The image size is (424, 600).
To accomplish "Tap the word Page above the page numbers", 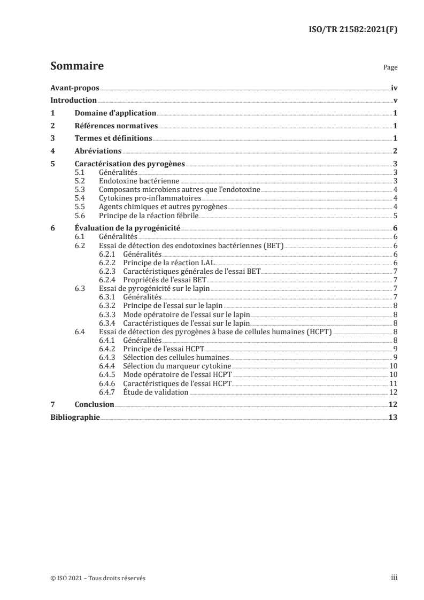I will (390, 68).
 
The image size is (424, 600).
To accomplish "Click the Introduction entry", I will (73, 101).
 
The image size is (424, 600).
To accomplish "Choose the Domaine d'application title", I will (115, 113).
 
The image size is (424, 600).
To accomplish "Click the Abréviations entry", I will (98, 151).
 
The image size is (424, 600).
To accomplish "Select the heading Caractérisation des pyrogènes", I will (129, 164).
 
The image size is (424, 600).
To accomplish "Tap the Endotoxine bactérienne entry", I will (132, 181).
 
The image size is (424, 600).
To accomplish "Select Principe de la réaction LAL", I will (160, 262).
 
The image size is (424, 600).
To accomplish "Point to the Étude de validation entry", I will (156, 392).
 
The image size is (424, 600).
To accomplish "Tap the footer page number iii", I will (394, 578).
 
